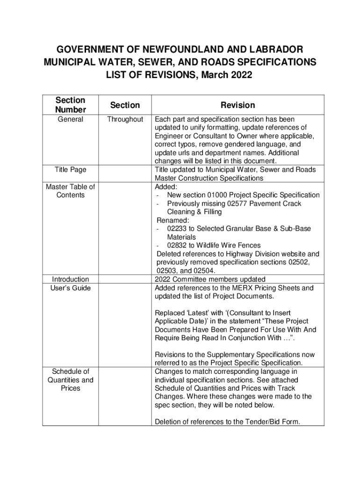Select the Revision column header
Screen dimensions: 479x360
coord(238,105)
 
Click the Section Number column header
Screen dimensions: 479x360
coord(71,105)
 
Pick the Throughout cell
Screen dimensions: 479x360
coord(125,119)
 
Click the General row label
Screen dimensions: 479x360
coord(71,119)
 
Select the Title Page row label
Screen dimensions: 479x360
coord(71,170)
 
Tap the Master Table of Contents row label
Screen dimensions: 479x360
coord(71,191)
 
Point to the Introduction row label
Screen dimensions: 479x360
coord(71,279)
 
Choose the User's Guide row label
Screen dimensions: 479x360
coord(71,288)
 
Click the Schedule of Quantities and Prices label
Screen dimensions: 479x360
coord(71,380)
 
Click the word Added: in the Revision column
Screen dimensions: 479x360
coord(166,187)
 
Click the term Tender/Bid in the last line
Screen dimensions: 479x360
coord(263,422)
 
